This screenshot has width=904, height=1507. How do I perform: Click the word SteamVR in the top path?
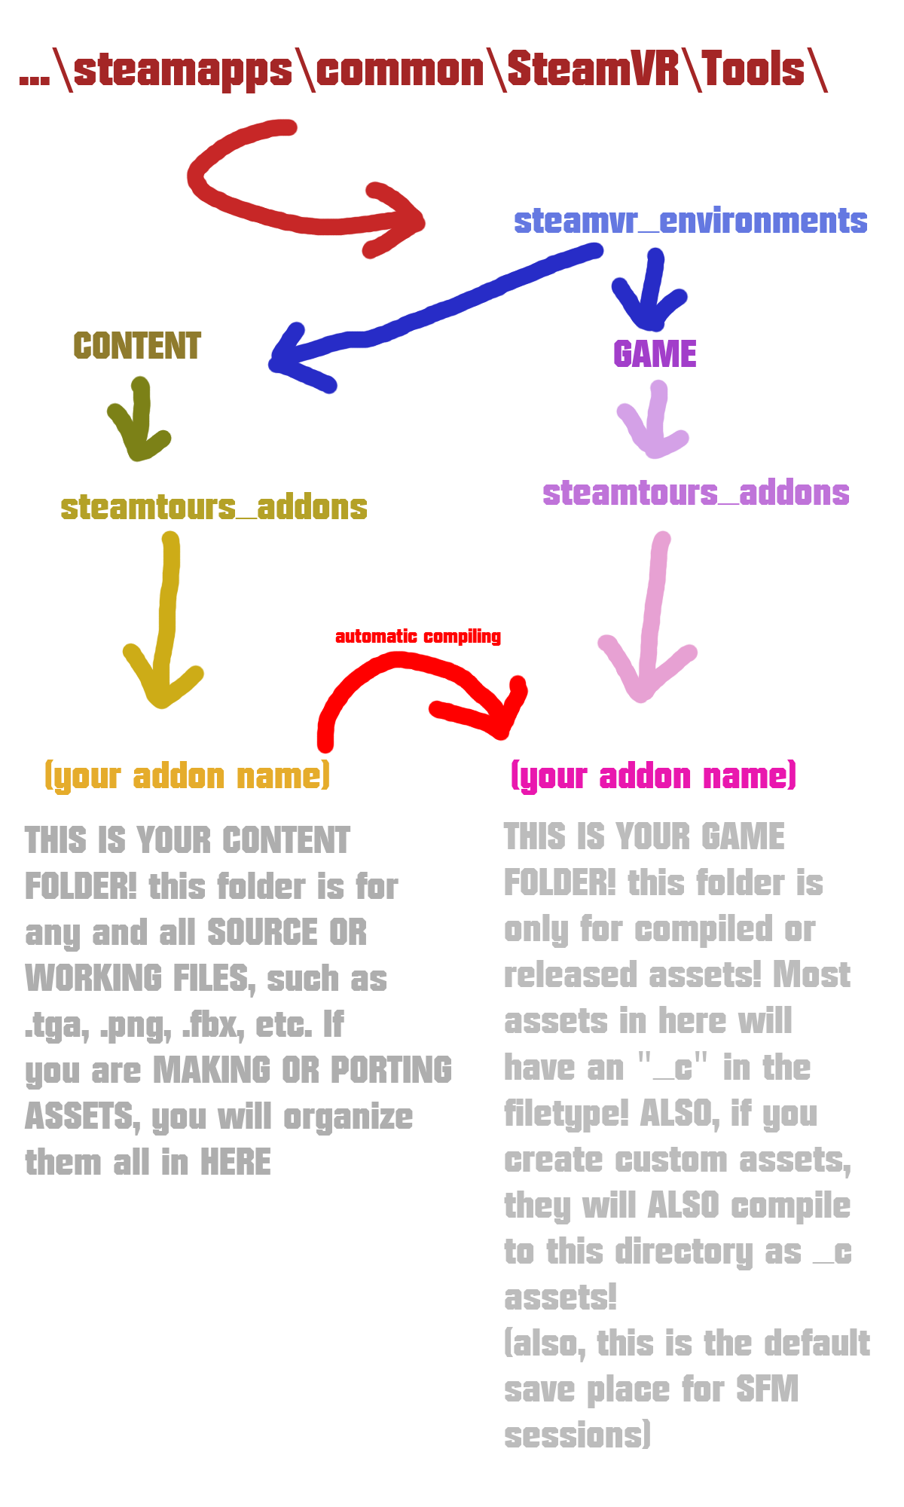point(592,69)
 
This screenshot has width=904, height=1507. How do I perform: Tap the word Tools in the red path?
point(753,69)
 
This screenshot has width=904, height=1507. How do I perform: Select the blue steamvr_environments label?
point(690,222)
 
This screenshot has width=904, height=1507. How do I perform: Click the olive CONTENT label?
point(137,347)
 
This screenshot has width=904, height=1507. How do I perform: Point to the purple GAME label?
point(655,354)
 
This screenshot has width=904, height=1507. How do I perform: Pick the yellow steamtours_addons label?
point(214,507)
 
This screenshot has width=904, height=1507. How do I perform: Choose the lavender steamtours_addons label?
point(695,494)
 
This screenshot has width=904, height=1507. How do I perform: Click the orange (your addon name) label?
point(188,776)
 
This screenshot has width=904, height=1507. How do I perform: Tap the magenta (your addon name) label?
point(653,776)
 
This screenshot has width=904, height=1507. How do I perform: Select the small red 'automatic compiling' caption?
point(418,637)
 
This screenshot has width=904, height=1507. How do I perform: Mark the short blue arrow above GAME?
point(651,294)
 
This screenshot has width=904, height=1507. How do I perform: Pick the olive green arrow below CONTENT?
point(140,422)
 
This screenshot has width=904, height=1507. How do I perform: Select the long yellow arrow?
point(166,618)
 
